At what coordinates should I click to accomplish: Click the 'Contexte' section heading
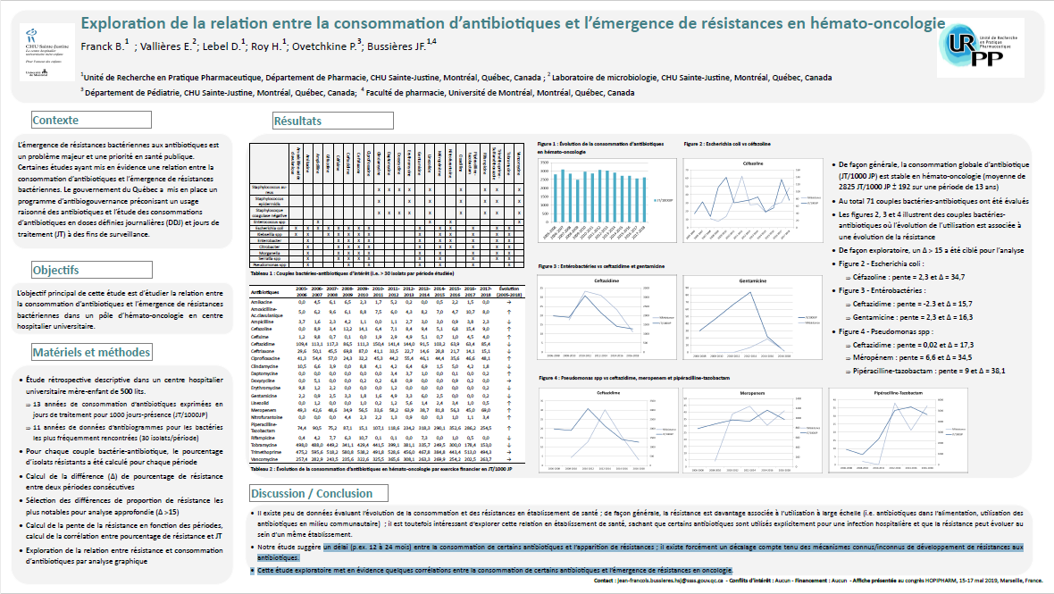tap(55, 120)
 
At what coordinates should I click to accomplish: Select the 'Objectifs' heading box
tap(56, 270)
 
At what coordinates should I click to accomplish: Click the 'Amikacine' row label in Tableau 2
tap(263, 303)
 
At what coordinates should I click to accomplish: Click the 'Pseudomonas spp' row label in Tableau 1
tap(269, 265)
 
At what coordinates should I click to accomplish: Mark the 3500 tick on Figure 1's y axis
tap(543, 163)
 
